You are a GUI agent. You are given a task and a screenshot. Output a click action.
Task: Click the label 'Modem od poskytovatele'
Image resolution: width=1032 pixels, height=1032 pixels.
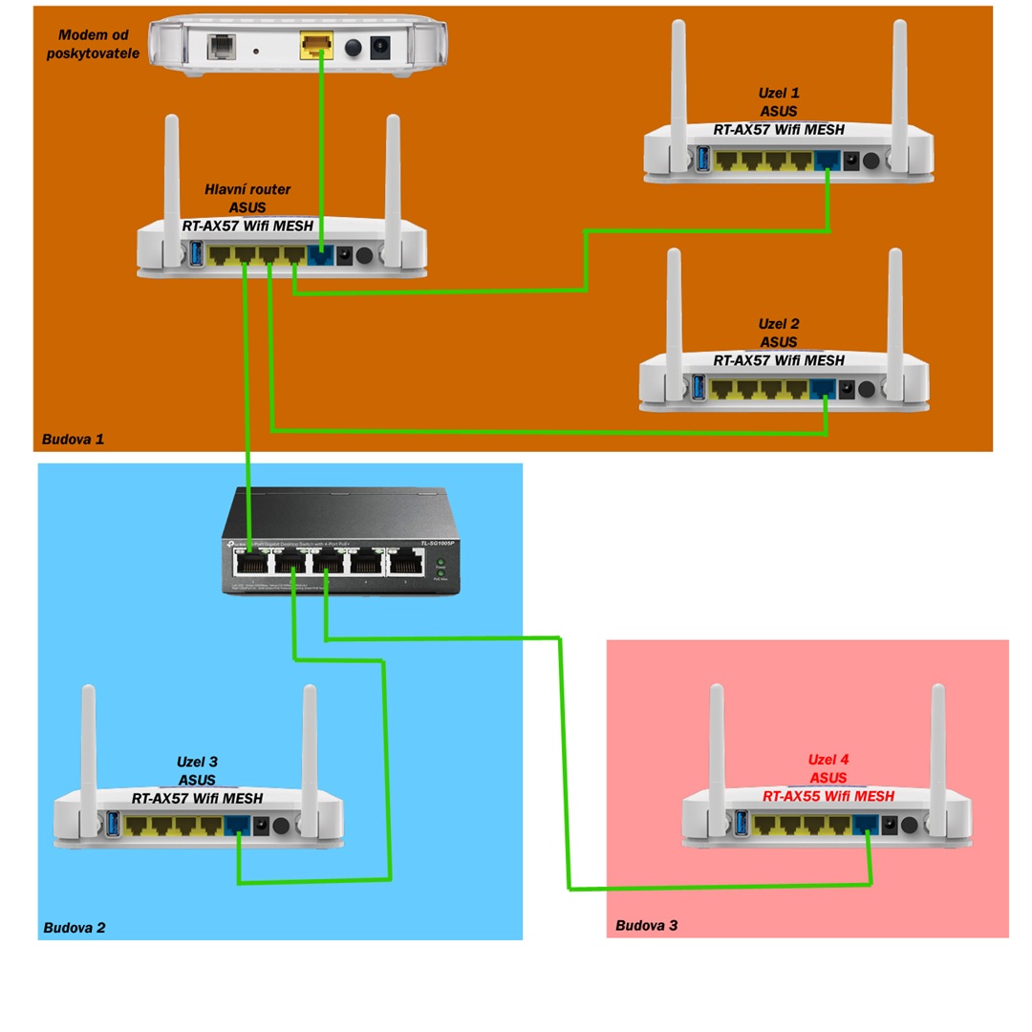[x=94, y=45]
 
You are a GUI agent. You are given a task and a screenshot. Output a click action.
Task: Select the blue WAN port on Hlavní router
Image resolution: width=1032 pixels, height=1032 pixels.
[x=320, y=255]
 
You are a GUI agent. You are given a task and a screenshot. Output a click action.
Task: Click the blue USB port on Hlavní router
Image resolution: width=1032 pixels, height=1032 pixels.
[x=197, y=255]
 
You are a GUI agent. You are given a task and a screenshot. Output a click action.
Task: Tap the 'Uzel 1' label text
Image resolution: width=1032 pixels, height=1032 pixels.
[x=779, y=94]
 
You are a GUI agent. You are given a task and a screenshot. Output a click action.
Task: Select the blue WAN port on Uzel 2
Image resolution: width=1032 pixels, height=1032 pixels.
[x=822, y=389]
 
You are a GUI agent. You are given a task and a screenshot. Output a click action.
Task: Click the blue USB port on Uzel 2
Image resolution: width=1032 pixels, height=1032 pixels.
[x=697, y=389]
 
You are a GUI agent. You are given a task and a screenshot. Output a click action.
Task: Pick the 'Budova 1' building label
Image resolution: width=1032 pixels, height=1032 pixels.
[x=73, y=440]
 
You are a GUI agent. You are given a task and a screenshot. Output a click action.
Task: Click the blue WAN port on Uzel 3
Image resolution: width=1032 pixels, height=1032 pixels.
[x=237, y=825]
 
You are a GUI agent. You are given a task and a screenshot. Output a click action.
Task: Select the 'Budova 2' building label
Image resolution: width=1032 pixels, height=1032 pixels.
[x=75, y=927]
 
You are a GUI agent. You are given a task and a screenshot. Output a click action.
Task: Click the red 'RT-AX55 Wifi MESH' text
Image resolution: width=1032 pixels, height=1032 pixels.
[x=828, y=796]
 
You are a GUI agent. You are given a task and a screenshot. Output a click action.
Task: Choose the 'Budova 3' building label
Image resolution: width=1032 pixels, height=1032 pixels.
[x=647, y=925]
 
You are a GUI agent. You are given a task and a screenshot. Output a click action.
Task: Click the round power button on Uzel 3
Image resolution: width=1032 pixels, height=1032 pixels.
[x=281, y=826]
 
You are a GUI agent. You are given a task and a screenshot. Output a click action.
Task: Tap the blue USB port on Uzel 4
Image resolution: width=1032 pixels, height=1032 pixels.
[x=741, y=823]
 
